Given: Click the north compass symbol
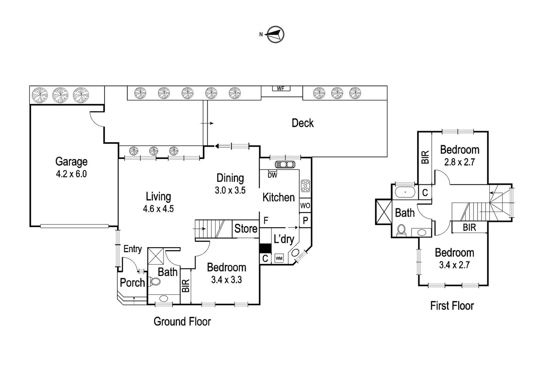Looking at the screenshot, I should coord(275,34).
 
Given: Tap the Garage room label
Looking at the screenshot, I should coord(71,162).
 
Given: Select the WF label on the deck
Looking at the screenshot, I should coord(281,89).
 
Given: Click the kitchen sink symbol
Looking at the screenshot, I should coord(285,165).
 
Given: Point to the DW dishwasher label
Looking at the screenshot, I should coord(272,175).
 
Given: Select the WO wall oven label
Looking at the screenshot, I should coord(305,206).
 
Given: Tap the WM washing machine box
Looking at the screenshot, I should coord(279,258).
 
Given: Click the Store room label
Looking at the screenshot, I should coord(246,229).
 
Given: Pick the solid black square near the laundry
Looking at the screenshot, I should coord(265,248).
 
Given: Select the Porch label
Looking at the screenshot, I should coord(132,283).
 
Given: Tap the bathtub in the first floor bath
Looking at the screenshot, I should coord(405,192).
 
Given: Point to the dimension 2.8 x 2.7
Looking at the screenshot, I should coord(459,162).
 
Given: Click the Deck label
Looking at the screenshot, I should coord(303,123).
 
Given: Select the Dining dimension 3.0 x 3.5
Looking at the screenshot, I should coord(230,190).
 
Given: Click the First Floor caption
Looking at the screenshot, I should coord(452,306).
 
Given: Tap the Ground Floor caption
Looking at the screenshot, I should coord(182,321).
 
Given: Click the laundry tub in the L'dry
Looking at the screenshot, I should coord(295,253).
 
